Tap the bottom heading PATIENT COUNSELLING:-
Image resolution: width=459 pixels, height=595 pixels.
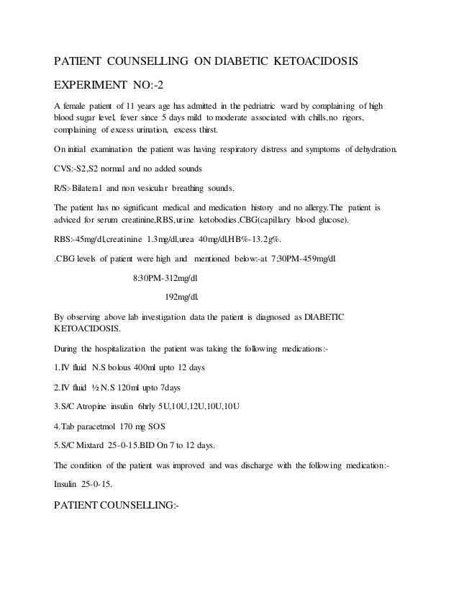(x=117, y=504)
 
